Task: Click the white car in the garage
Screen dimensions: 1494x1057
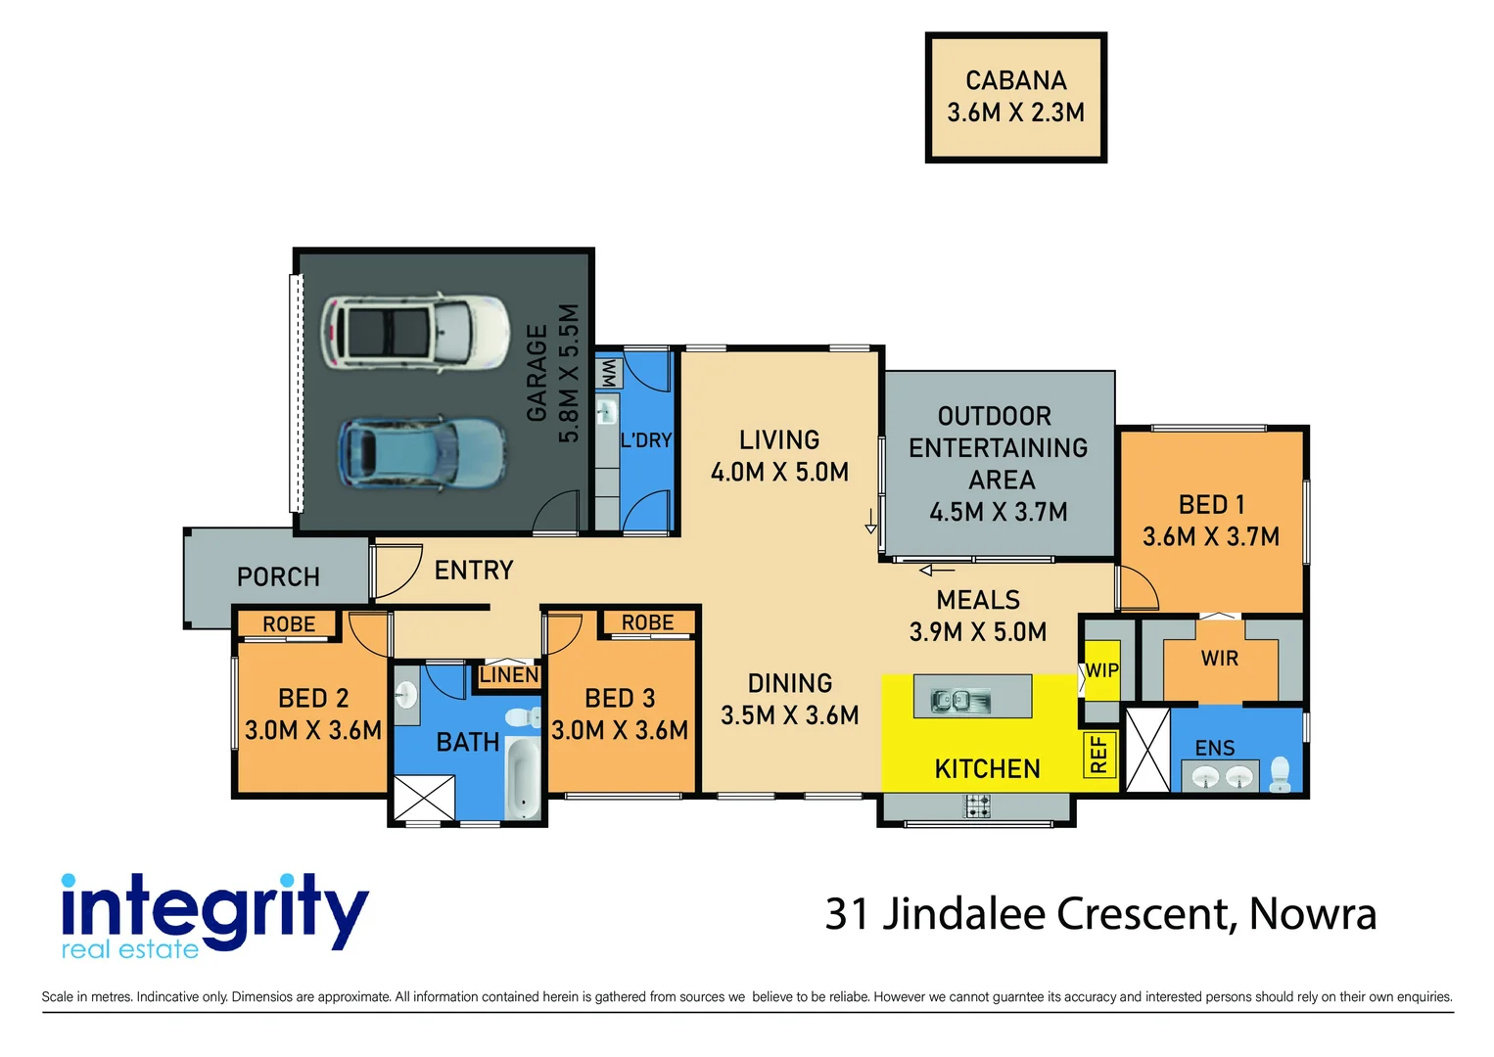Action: [415, 332]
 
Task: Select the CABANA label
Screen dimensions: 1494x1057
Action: [1016, 80]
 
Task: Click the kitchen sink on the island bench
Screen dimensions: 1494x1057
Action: [961, 700]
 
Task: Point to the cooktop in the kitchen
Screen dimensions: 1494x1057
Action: [976, 806]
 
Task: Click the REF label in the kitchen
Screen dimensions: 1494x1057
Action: [1098, 754]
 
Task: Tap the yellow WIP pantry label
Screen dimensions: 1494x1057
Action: [1101, 670]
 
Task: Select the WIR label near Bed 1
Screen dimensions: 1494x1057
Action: [1219, 659]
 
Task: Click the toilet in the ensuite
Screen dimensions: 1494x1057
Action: [1280, 774]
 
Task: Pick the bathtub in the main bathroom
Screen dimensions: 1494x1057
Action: [523, 777]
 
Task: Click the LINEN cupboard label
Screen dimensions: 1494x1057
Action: [509, 675]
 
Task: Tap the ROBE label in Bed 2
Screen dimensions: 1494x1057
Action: [289, 624]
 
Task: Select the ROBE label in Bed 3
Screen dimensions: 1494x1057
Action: [647, 622]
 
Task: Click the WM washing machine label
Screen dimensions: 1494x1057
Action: [609, 374]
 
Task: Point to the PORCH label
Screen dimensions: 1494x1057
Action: [278, 576]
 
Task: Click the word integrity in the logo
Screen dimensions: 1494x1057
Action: [214, 909]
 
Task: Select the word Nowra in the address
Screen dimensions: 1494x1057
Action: [1312, 914]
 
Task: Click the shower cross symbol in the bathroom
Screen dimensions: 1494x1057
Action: [424, 797]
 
